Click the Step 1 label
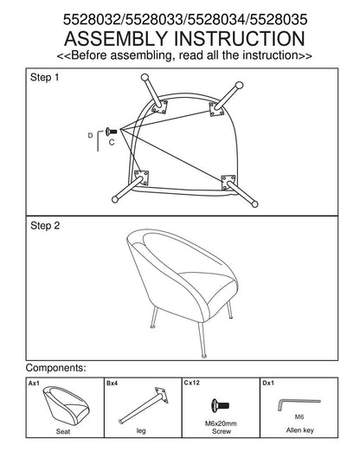44,77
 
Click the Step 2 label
45,225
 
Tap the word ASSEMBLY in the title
116,39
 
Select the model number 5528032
92,20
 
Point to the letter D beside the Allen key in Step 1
90,135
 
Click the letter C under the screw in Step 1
112,142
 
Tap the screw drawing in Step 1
112,132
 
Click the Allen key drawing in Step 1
99,140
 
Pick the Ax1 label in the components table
34,384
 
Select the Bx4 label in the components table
112,384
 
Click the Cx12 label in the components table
192,383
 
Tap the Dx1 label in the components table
268,383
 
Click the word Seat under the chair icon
63,431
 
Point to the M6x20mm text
221,423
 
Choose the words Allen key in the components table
299,430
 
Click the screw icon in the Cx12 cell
220,405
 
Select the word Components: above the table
56,368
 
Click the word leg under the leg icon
141,431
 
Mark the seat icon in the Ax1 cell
67,405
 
